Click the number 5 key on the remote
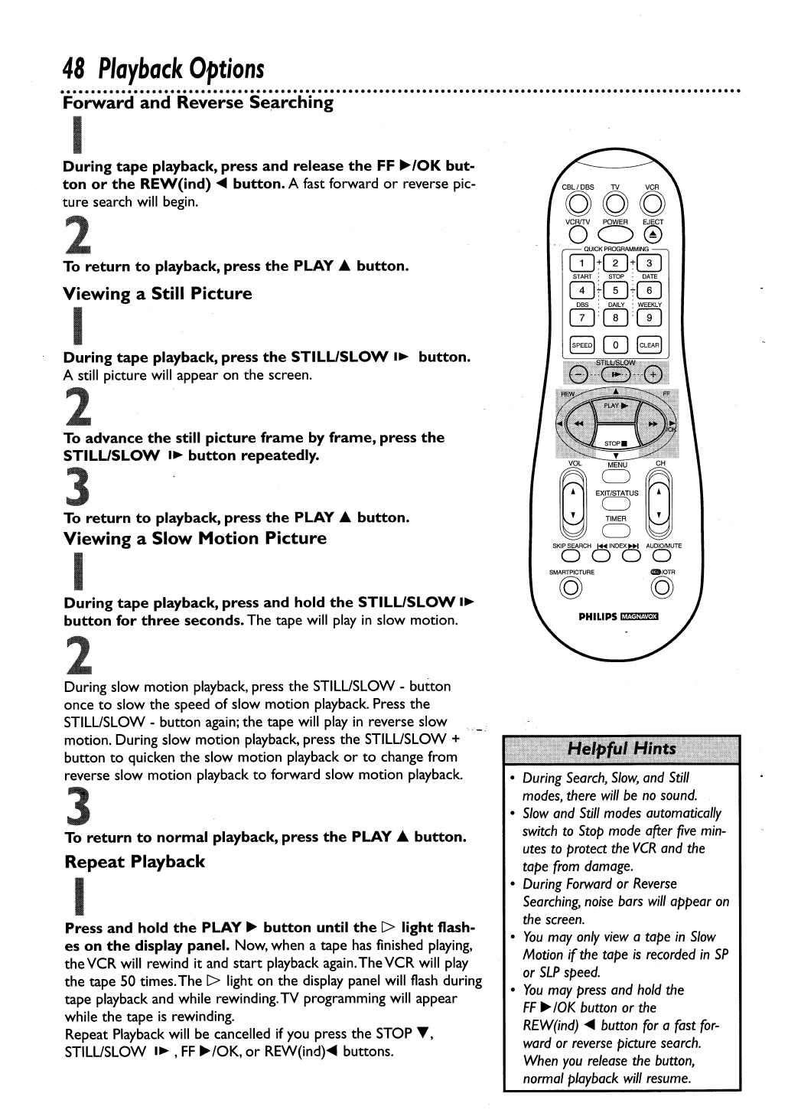(x=616, y=290)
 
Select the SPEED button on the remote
(x=581, y=345)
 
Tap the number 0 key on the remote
(x=616, y=345)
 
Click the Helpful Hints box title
(x=621, y=749)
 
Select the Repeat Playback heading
(x=135, y=862)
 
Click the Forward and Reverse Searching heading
(x=198, y=103)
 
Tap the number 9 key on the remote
(x=650, y=318)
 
